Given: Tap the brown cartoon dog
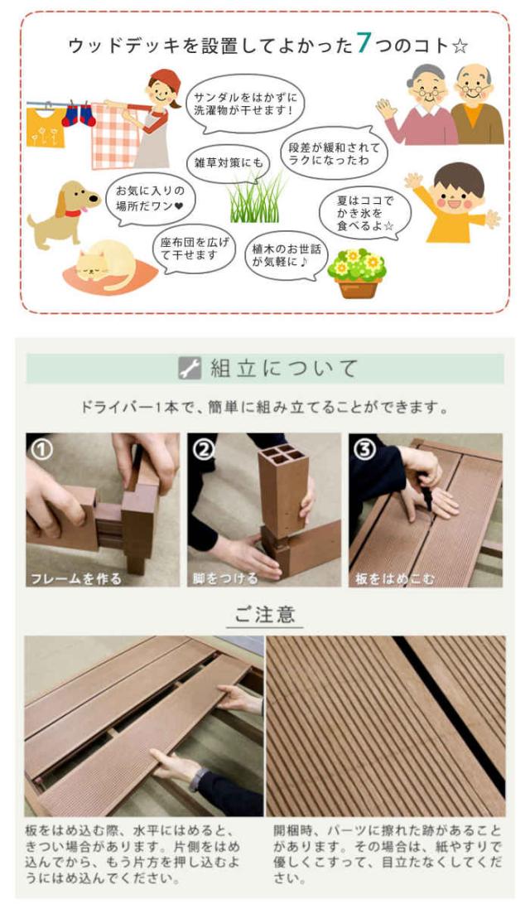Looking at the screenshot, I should click(x=63, y=210).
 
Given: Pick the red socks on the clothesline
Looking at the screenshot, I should click(x=79, y=114).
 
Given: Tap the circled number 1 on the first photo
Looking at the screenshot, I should click(x=41, y=449).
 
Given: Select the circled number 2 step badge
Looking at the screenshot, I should click(x=203, y=449).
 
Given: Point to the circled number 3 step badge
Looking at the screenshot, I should click(x=364, y=449).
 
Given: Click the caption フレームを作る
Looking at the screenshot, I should click(x=76, y=578).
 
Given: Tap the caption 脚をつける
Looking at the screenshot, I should click(x=225, y=578).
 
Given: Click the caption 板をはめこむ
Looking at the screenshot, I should click(x=394, y=578).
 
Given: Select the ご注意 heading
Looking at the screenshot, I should click(x=264, y=616).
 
